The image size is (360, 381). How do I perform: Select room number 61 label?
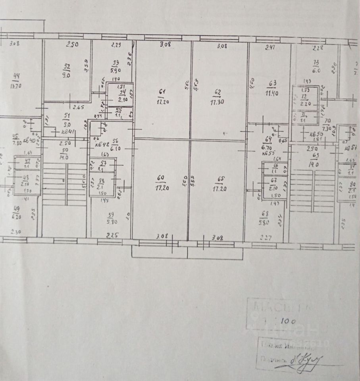tap(161, 92)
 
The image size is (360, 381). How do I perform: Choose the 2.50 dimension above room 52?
tap(72, 45)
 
